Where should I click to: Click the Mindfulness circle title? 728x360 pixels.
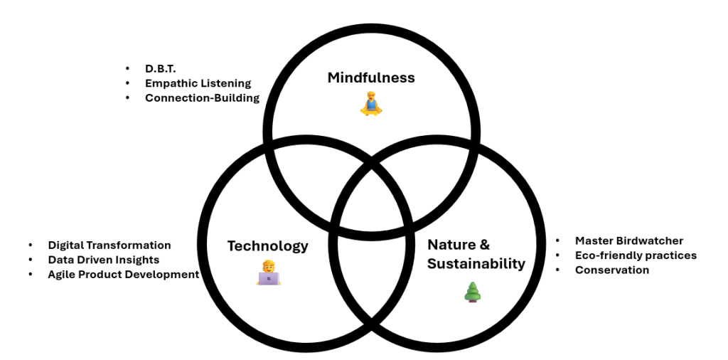coord(370,78)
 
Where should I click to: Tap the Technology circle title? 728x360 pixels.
coord(267,246)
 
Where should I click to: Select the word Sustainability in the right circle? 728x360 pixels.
coord(476,264)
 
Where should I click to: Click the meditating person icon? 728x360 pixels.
coord(370,105)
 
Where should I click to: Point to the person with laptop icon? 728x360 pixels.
coord(269,273)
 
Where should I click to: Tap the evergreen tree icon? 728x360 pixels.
coord(472,292)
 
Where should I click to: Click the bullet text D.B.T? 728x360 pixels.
coord(160,68)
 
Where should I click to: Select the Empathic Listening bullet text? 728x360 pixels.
coord(198,83)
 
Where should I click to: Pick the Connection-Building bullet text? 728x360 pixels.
coord(202,97)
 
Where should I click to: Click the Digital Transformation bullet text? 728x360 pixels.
coord(109,245)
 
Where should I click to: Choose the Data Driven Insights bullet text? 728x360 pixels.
coord(104,260)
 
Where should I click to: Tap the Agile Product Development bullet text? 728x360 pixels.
coord(124,274)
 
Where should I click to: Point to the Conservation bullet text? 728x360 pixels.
coord(611,270)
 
